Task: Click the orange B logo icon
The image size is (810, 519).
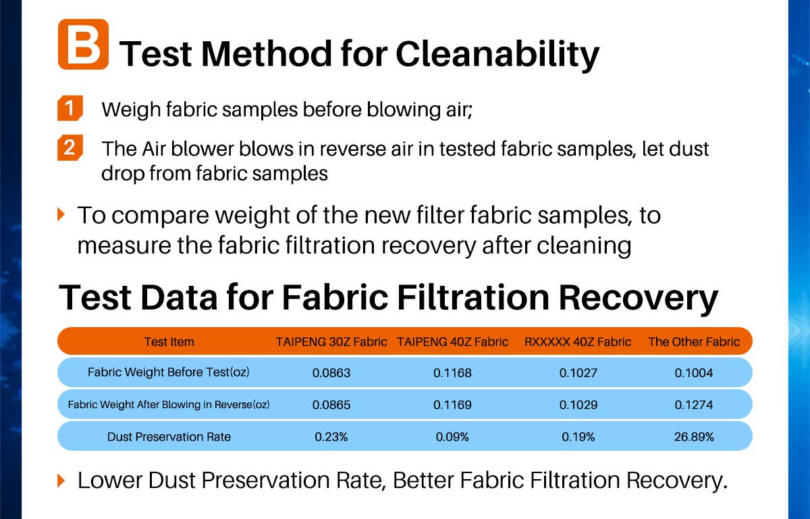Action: [83, 44]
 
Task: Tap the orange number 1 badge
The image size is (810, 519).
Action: [70, 108]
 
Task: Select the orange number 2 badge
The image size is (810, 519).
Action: [70, 148]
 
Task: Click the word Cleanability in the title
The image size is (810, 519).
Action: [497, 54]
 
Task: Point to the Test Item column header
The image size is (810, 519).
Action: [169, 342]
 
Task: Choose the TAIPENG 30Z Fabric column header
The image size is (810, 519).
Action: [331, 342]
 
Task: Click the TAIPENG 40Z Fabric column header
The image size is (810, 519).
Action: [452, 342]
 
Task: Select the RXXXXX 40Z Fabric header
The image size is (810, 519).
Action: [578, 342]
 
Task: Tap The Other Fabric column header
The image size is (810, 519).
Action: [694, 342]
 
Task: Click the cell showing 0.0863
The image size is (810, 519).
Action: [331, 373]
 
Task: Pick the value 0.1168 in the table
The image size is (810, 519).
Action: [452, 373]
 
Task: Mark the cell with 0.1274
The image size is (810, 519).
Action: [694, 405]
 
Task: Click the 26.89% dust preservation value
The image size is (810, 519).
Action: [694, 437]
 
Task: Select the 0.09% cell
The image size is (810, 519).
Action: [452, 437]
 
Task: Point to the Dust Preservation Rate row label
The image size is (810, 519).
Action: [169, 437]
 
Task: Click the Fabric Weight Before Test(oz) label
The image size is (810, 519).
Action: [169, 372]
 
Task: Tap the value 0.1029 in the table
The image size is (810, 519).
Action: [578, 405]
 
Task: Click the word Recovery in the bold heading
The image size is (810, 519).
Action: [639, 298]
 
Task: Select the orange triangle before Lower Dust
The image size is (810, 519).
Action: [61, 480]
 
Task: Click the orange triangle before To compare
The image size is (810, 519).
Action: [61, 215]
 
